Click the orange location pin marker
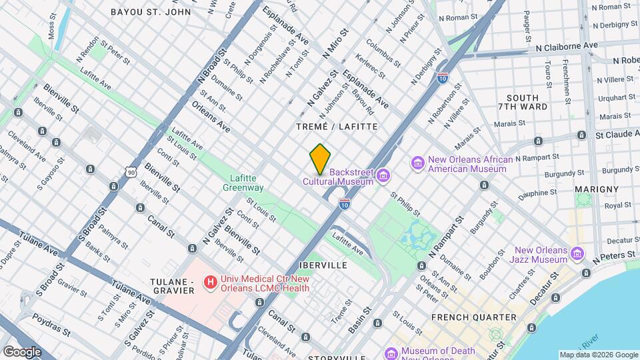click(321, 159)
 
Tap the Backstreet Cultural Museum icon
click(383, 175)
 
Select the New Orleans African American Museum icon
click(418, 163)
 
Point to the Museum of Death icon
click(391, 352)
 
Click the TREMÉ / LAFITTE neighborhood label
click(337, 126)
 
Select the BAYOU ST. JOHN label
click(151, 12)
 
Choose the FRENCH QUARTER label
click(474, 317)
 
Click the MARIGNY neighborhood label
click(599, 189)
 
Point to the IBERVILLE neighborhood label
click(323, 265)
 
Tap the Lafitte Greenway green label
click(243, 183)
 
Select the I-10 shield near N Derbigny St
click(443, 78)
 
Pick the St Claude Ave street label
click(615, 135)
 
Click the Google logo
click(22, 352)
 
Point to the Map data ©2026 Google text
click(597, 355)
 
